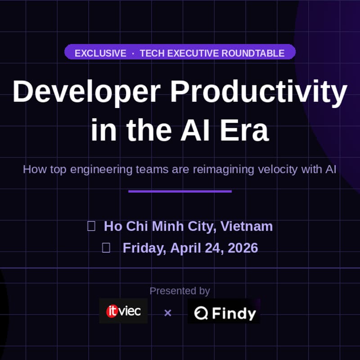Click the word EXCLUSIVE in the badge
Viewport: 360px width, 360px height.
[x=100, y=53]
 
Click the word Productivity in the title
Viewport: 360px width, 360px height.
[x=259, y=92]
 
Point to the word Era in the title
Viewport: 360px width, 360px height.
[x=248, y=130]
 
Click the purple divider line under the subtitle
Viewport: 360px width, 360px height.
[x=180, y=191]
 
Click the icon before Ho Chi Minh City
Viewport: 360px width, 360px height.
[x=91, y=226]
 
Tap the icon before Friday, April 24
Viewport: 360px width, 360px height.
[x=106, y=247]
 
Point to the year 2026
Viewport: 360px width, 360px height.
[x=243, y=247]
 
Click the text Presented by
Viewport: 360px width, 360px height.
[x=180, y=291]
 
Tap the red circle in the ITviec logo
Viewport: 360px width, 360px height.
[x=112, y=311]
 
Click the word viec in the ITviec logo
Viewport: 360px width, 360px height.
[x=130, y=311]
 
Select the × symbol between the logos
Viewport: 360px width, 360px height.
[x=168, y=313]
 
